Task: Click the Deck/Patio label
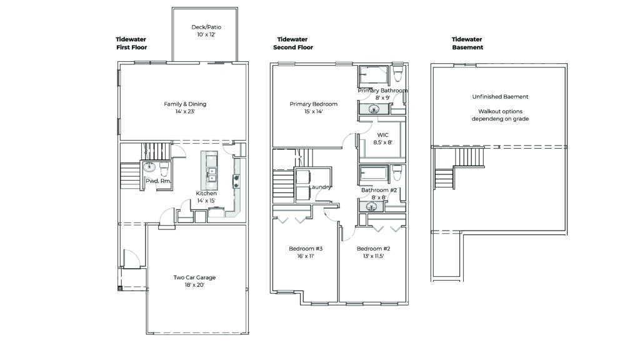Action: click(206, 27)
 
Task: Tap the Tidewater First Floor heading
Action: click(131, 43)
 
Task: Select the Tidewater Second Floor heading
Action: click(293, 43)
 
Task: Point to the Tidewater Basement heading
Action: click(467, 43)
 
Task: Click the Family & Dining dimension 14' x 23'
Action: click(185, 111)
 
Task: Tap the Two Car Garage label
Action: click(194, 277)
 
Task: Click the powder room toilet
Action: click(164, 168)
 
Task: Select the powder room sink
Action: click(149, 167)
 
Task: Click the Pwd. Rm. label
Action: click(158, 181)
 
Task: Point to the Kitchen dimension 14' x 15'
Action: click(206, 201)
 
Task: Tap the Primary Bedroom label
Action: click(314, 104)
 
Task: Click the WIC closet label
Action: click(383, 135)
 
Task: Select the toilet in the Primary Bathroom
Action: click(397, 73)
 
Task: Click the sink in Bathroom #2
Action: click(371, 206)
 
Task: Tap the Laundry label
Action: click(320, 187)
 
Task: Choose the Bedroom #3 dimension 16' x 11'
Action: click(306, 256)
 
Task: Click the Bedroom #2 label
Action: click(374, 249)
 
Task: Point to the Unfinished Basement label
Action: click(501, 97)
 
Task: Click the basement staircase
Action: click(460, 168)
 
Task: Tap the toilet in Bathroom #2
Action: click(397, 172)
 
